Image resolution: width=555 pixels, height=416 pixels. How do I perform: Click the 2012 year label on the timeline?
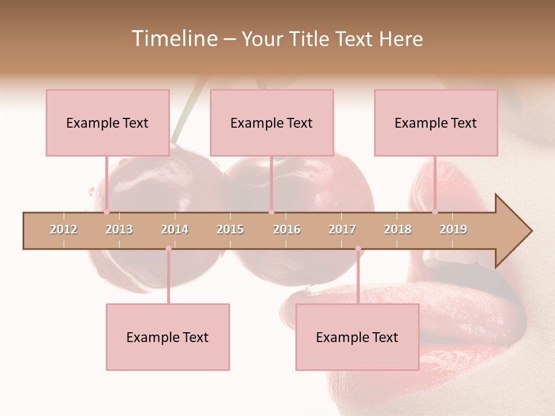pyautogui.click(x=64, y=229)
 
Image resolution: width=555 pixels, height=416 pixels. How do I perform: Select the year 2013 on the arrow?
pyautogui.click(x=119, y=229)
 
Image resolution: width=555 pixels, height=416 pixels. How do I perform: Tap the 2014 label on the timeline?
pyautogui.click(x=175, y=229)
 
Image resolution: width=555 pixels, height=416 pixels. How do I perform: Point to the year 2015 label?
pyautogui.click(x=230, y=229)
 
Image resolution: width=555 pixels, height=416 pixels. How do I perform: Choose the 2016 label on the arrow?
pyautogui.click(x=287, y=229)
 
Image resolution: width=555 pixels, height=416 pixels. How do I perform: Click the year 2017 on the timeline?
pyautogui.click(x=342, y=229)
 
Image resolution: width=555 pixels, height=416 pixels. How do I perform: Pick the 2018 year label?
pyautogui.click(x=398, y=229)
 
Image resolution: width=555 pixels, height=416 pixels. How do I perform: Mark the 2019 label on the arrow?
pyautogui.click(x=453, y=229)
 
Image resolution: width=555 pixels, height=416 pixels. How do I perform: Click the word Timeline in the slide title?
pyautogui.click(x=174, y=39)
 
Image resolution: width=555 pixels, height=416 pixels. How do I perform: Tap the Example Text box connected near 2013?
pyautogui.click(x=108, y=122)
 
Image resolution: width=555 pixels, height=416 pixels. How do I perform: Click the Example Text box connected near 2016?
pyautogui.click(x=272, y=122)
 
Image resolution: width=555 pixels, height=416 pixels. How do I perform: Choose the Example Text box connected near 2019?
pyautogui.click(x=436, y=122)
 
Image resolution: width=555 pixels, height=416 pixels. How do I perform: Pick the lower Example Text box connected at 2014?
pyautogui.click(x=168, y=337)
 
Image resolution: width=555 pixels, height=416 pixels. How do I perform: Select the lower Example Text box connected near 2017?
pyautogui.click(x=357, y=337)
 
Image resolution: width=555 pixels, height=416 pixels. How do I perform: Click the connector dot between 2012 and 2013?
pyautogui.click(x=106, y=211)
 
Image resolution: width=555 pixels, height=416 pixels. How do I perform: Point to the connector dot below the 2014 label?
pyautogui.click(x=168, y=248)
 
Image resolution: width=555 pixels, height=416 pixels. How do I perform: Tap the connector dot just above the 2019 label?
pyautogui.click(x=435, y=211)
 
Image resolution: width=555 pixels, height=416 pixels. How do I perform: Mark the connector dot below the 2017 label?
pyautogui.click(x=358, y=248)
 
